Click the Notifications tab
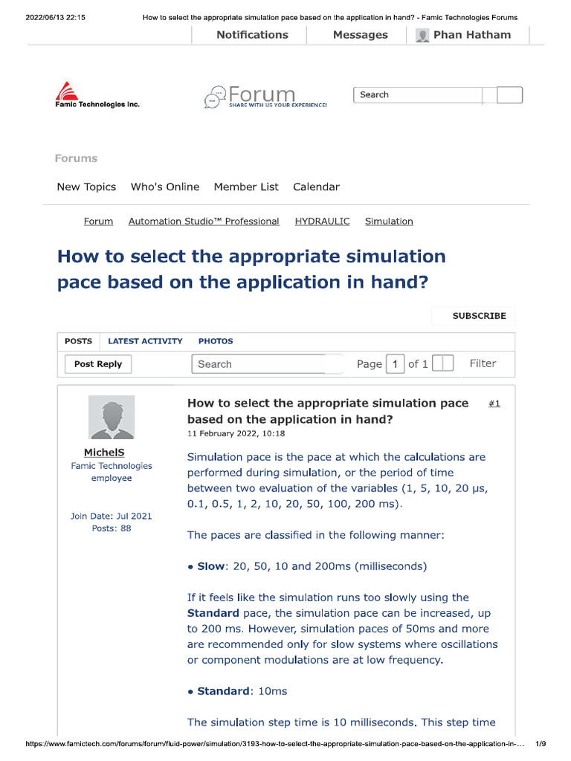pos(252,35)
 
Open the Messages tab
pos(360,35)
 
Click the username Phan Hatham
pos(471,35)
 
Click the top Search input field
pos(417,95)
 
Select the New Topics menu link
pos(86,187)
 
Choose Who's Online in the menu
pos(165,187)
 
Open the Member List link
pos(246,187)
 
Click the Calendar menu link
pos(316,187)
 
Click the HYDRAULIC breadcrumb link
pos(322,221)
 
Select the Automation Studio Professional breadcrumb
pos(204,221)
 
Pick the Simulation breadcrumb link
pos(389,221)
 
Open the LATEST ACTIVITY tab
pos(145,341)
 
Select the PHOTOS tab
pos(216,341)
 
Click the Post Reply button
pos(98,364)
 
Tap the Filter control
pos(483,363)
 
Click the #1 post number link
pos(494,404)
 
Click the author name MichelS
pos(104,453)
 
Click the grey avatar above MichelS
pos(112,417)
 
